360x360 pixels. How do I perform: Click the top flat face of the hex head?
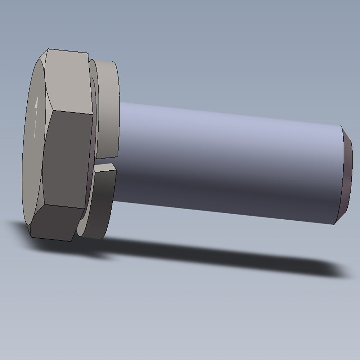[68, 81]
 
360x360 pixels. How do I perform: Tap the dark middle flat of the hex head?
[67, 158]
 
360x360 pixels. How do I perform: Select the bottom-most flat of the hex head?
[56, 223]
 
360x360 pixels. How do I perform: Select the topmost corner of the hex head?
[48, 49]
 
